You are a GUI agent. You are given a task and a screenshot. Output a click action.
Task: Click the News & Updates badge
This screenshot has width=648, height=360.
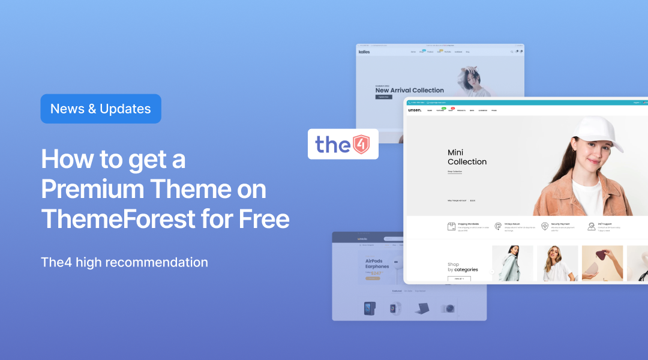(x=101, y=109)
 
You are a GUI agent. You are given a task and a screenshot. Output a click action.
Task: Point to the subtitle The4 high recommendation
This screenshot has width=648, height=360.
(x=124, y=262)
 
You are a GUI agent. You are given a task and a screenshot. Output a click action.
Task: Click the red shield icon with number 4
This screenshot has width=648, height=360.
(x=361, y=144)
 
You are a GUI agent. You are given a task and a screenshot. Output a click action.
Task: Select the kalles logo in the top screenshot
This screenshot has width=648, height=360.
(x=364, y=52)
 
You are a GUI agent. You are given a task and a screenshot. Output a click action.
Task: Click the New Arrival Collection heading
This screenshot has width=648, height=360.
(x=410, y=90)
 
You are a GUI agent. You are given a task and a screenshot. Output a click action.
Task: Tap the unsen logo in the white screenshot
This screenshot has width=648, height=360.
(x=415, y=110)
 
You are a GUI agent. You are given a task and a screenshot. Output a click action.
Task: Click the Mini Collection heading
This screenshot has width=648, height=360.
(x=467, y=157)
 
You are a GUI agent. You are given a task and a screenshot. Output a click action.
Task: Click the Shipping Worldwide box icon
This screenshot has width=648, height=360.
(x=452, y=226)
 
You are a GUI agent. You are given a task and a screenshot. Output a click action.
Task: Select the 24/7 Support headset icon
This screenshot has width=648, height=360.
(x=592, y=226)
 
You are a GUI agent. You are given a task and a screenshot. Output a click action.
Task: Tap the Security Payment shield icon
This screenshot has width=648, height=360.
(x=545, y=226)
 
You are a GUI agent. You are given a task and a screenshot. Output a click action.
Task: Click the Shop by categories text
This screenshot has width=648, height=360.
(x=463, y=267)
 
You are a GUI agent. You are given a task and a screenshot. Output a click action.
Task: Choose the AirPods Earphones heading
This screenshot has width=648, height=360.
(x=377, y=264)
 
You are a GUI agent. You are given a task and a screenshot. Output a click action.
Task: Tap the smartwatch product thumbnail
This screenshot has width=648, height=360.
(x=394, y=308)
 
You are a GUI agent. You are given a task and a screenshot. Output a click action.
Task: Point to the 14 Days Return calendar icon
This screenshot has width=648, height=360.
(x=498, y=226)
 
